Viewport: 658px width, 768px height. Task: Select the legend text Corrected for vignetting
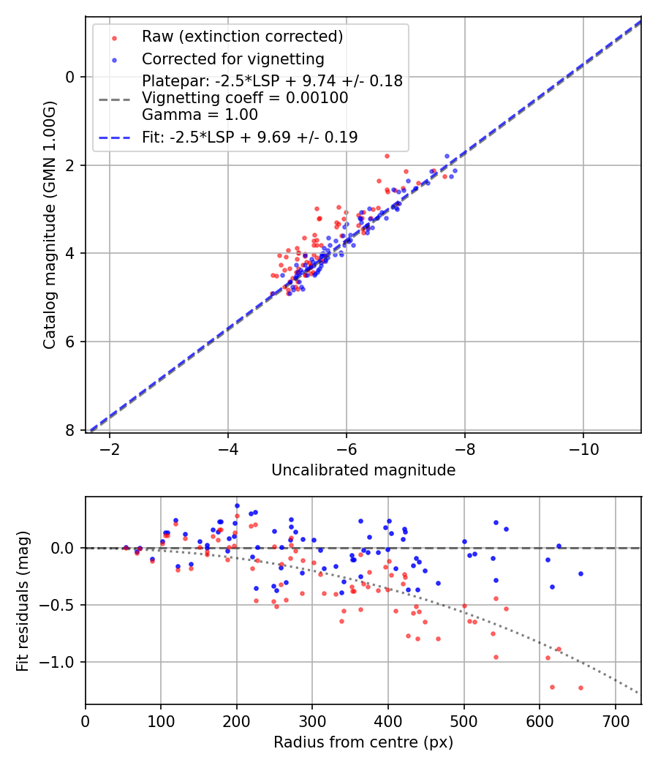coord(232,59)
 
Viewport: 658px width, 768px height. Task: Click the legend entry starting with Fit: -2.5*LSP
coord(249,137)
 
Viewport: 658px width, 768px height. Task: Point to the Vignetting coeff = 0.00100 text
coord(245,98)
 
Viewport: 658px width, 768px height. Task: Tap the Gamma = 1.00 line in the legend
coord(200,115)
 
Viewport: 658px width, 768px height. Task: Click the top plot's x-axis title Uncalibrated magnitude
coord(363,470)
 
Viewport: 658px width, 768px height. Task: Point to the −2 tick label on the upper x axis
coord(110,447)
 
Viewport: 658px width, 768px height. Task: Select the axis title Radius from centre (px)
coord(363,742)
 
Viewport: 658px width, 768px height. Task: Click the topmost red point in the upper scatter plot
coord(387,156)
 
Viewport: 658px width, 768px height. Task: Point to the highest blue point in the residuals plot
coord(237,505)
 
